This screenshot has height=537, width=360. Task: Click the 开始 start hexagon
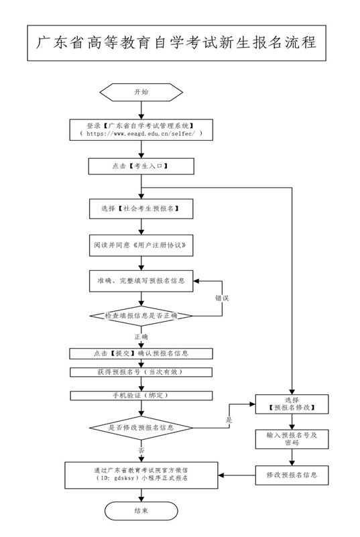tap(141, 92)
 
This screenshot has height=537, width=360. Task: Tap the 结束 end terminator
tap(141, 511)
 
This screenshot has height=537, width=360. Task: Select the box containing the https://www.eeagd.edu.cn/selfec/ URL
tap(141, 130)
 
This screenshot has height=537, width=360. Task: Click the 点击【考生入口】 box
tap(141, 166)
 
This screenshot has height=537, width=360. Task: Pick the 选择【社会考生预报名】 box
tap(141, 209)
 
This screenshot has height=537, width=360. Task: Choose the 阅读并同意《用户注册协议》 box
tap(141, 245)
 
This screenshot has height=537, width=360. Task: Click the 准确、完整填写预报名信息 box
tap(141, 281)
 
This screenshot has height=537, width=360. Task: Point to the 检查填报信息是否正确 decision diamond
tap(141, 316)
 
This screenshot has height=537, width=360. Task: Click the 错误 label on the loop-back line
tap(222, 298)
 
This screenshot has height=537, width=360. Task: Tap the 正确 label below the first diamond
tap(141, 337)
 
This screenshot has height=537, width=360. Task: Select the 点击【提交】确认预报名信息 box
tap(141, 354)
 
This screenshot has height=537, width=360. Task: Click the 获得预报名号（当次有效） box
tap(141, 372)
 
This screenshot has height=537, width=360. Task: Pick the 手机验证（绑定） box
tap(141, 396)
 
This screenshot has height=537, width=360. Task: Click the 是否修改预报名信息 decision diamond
tap(141, 428)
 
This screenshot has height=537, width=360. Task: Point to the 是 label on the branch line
tap(229, 420)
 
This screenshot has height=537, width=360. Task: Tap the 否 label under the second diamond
tap(141, 450)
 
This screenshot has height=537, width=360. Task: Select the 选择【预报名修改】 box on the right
tap(292, 404)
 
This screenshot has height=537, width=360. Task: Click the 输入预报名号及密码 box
tap(292, 439)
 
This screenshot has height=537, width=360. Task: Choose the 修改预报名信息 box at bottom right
tap(292, 475)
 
